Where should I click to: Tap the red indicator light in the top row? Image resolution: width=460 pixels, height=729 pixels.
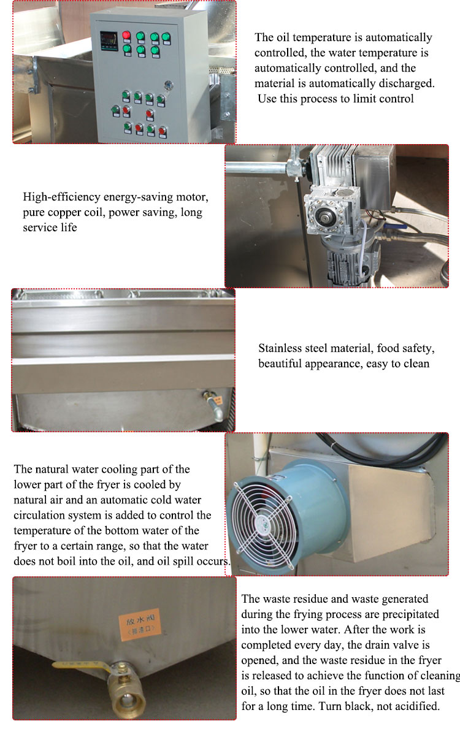[126, 35]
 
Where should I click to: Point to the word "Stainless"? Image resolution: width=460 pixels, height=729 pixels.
[280, 348]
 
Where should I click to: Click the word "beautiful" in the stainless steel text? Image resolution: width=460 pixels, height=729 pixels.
[280, 364]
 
